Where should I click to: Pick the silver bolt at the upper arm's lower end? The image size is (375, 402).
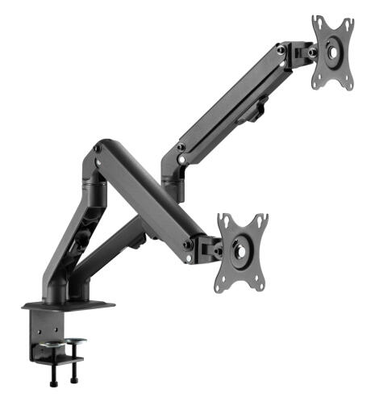click(181, 147)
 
